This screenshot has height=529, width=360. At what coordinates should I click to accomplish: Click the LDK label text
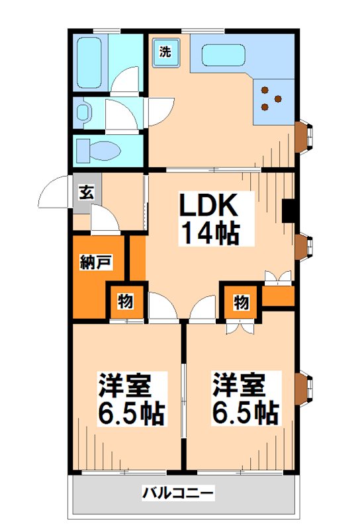point(208,206)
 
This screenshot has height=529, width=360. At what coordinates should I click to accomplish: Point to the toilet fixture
point(99,151)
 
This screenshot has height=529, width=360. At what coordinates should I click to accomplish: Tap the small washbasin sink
point(81,112)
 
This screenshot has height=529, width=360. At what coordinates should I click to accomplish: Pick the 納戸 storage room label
point(94,261)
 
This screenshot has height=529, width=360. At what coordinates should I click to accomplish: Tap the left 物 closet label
point(126,302)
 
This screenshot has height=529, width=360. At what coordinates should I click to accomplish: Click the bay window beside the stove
point(306,136)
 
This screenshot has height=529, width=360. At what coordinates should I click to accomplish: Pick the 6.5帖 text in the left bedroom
point(130,413)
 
